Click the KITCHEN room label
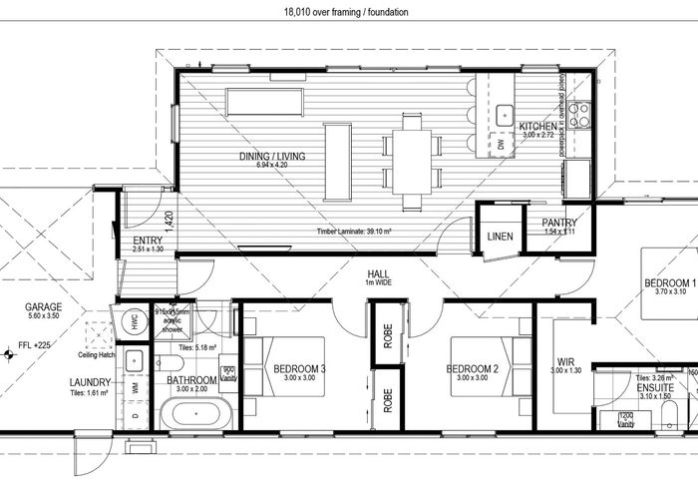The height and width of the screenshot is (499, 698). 536,127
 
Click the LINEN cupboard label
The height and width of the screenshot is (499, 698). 499,237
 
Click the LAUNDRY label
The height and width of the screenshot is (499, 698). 90,381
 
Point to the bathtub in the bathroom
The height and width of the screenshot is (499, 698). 196,411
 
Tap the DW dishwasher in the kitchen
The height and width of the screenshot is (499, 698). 502,145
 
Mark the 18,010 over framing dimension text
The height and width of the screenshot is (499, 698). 348,12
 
